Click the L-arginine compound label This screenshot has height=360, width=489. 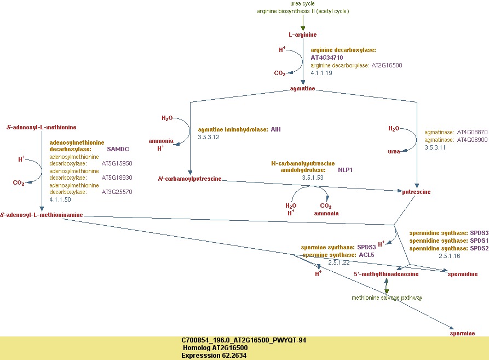303,35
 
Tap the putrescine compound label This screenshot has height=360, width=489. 417,192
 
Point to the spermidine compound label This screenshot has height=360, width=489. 463,274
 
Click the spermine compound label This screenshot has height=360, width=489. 462,333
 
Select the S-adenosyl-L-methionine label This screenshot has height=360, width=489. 42,127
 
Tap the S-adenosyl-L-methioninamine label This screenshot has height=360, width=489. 42,215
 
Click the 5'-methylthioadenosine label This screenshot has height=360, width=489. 386,274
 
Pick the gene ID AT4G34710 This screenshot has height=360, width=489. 327,58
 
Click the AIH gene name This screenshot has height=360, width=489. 275,129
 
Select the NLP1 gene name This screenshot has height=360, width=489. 346,170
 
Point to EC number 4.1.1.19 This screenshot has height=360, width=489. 321,72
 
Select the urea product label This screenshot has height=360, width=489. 394,152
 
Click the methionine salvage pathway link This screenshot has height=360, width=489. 387,298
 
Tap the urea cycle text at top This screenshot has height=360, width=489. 302,3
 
